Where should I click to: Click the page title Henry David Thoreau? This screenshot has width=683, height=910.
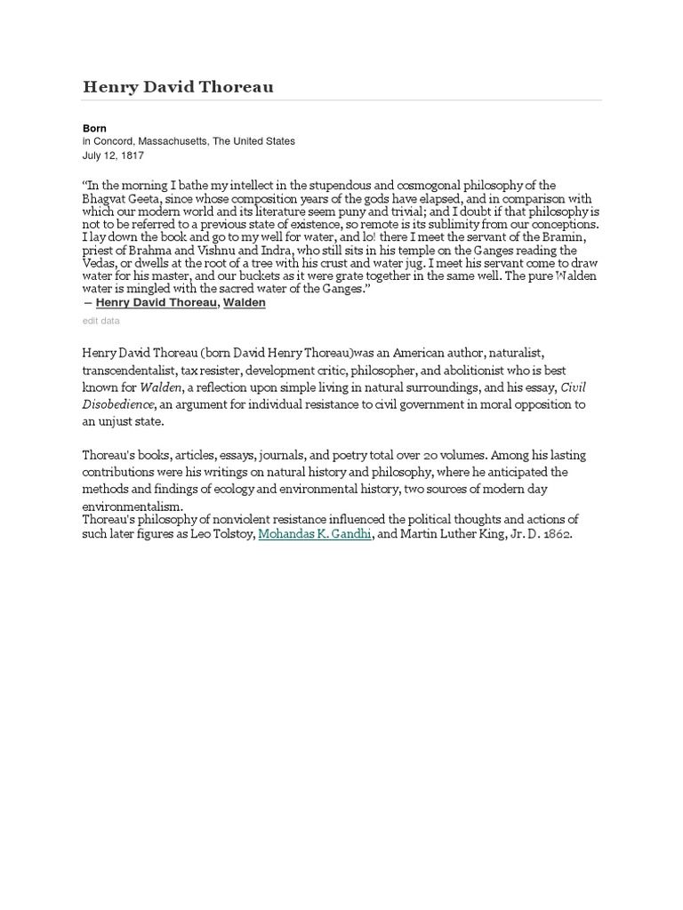[x=178, y=86]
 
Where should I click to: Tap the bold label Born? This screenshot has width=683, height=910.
[x=94, y=129]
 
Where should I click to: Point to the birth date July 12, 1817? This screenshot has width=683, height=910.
[x=114, y=155]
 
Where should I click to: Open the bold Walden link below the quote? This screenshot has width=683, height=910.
[x=244, y=303]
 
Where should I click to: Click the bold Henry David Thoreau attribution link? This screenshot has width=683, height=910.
[x=156, y=303]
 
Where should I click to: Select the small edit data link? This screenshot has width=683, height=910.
[x=100, y=321]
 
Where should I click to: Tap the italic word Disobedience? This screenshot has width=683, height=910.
[x=118, y=404]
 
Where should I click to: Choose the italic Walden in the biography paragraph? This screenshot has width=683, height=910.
[x=161, y=387]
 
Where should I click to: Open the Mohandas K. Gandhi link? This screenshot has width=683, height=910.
[x=315, y=535]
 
